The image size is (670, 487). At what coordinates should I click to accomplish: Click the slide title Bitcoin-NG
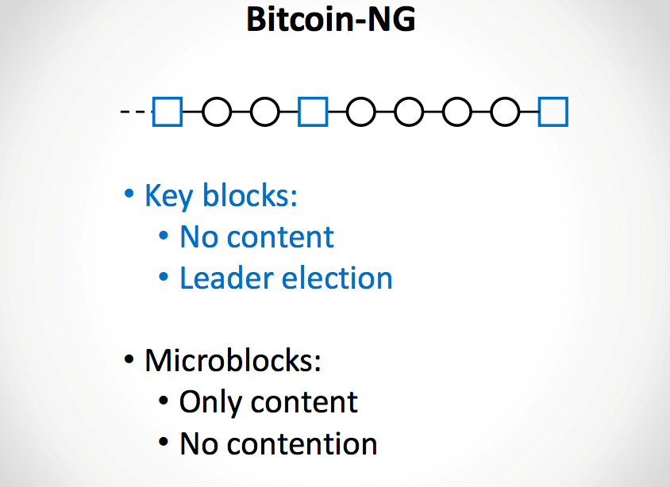pos(330,19)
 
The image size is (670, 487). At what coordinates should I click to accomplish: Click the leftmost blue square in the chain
pos(167,112)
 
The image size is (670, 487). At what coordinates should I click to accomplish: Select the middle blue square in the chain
pos(313,112)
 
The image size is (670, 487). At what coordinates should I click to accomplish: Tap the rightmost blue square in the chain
pos(553,112)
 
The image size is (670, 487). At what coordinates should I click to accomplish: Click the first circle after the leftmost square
pos(217,112)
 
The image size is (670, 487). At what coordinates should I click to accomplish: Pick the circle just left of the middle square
pos(265,112)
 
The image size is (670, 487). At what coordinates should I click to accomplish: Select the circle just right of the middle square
pos(361,112)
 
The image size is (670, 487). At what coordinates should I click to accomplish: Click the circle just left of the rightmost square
pos(505,112)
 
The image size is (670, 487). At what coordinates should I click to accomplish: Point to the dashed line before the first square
pos(135,112)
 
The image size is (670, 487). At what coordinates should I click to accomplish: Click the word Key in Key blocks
pos(169,196)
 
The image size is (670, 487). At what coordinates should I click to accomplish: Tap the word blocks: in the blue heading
pos(250,195)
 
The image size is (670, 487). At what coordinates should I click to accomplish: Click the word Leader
pos(226,278)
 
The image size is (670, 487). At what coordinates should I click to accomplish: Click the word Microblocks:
pos(233,361)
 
